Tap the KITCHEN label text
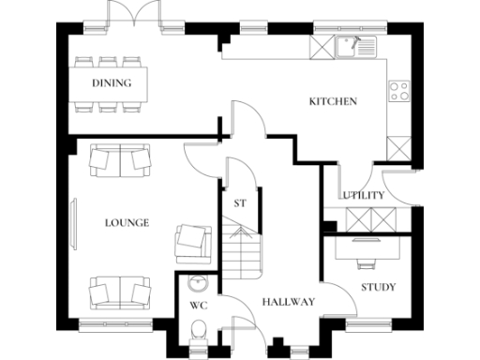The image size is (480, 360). coord(333,101)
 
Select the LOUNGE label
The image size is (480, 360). coord(127,223)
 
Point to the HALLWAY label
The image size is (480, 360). coord(288,301)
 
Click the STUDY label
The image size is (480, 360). coord(378,287)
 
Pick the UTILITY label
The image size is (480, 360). coord(363,195)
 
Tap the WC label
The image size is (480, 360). coord(198,306)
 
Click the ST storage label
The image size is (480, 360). coord(239,202)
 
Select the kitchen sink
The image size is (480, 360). coord(353,44)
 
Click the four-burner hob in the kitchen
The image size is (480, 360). coord(398,91)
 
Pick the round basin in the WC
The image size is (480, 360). coord(198,284)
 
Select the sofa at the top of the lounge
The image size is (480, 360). coord(121,160)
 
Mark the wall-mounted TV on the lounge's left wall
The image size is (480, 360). coord(74,223)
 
